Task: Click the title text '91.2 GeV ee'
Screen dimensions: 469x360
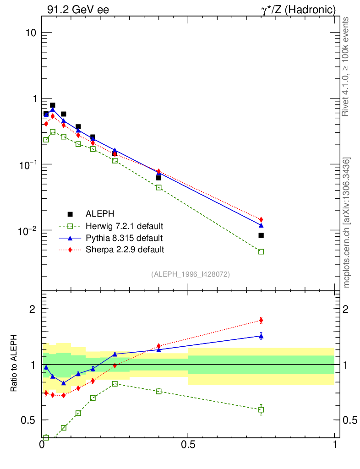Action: [78, 10]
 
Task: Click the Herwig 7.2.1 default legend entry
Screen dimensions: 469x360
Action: [125, 226]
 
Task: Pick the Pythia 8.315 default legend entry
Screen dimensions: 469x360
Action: [124, 238]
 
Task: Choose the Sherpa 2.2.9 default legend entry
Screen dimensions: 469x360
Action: [125, 250]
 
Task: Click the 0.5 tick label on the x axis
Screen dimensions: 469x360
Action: [188, 445]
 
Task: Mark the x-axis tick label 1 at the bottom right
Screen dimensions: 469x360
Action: [335, 445]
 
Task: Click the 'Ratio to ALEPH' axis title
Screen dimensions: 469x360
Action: [14, 364]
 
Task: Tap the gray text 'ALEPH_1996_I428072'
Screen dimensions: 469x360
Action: [191, 274]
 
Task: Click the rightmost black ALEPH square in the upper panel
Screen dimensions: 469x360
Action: [261, 235]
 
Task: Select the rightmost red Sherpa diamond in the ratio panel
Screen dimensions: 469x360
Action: [261, 320]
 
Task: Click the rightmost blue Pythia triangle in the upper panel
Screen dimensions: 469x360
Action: [261, 225]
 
